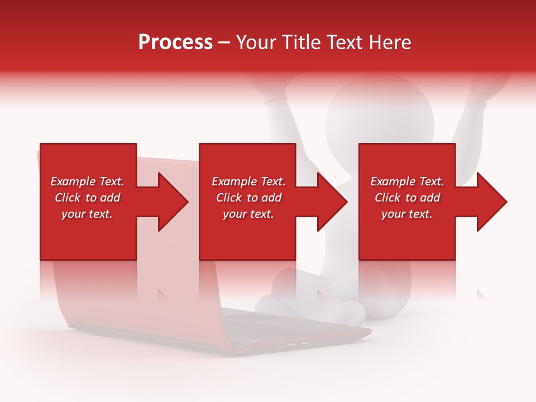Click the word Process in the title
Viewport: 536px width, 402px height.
coord(175,42)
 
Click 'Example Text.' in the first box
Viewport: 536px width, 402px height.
coord(87,181)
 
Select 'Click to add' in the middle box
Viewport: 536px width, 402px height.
coord(248,198)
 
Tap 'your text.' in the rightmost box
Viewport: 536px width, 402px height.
coord(407,214)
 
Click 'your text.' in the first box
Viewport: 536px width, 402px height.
coord(87,214)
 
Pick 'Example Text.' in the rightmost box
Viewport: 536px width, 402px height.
coord(407,181)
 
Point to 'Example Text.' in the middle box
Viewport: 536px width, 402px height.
coord(248,181)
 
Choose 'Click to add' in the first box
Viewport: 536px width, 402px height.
coord(87,198)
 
